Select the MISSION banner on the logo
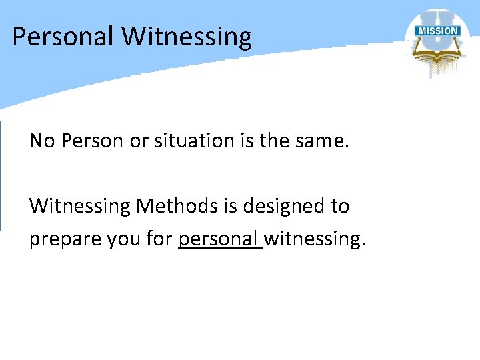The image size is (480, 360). pos(437,31)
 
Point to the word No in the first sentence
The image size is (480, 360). pos(41,141)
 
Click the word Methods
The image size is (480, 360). pos(175,206)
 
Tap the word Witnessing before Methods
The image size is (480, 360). pos(80,206)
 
